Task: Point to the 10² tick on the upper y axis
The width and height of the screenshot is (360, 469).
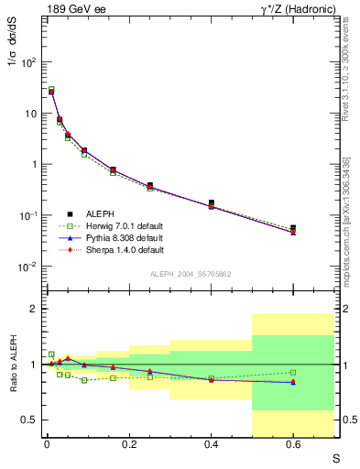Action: coord(27,62)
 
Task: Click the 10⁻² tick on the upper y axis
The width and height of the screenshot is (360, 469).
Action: coord(27,267)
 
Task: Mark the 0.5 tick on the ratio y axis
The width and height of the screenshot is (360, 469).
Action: coord(30,420)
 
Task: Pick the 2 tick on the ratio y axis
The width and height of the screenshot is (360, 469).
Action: coord(34,309)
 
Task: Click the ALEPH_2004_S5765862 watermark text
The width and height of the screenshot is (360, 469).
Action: coord(190,275)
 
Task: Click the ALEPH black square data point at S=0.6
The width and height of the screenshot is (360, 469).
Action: coord(293,228)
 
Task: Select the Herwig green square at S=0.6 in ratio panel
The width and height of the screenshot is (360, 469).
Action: coord(293,373)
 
